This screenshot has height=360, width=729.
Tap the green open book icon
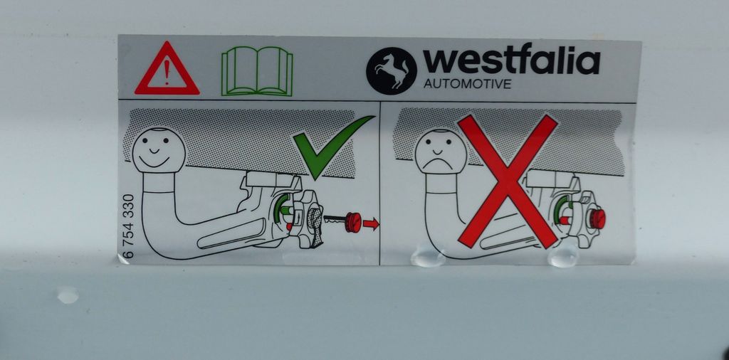tap(257, 71)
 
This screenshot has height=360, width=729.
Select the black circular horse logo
tap(392, 71)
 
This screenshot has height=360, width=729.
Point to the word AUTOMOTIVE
tap(467, 84)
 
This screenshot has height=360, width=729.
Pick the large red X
tap(508, 181)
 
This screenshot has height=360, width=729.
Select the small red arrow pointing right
tap(370, 224)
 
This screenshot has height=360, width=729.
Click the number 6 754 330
tap(129, 226)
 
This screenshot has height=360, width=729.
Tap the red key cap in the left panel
tap(353, 221)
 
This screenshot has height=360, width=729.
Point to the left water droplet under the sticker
tap(428, 258)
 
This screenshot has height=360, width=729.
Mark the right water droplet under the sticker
tap(563, 258)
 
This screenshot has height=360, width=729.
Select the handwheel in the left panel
tap(308, 219)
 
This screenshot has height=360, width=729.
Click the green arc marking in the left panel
tap(278, 209)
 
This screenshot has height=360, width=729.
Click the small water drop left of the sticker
tap(68, 295)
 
